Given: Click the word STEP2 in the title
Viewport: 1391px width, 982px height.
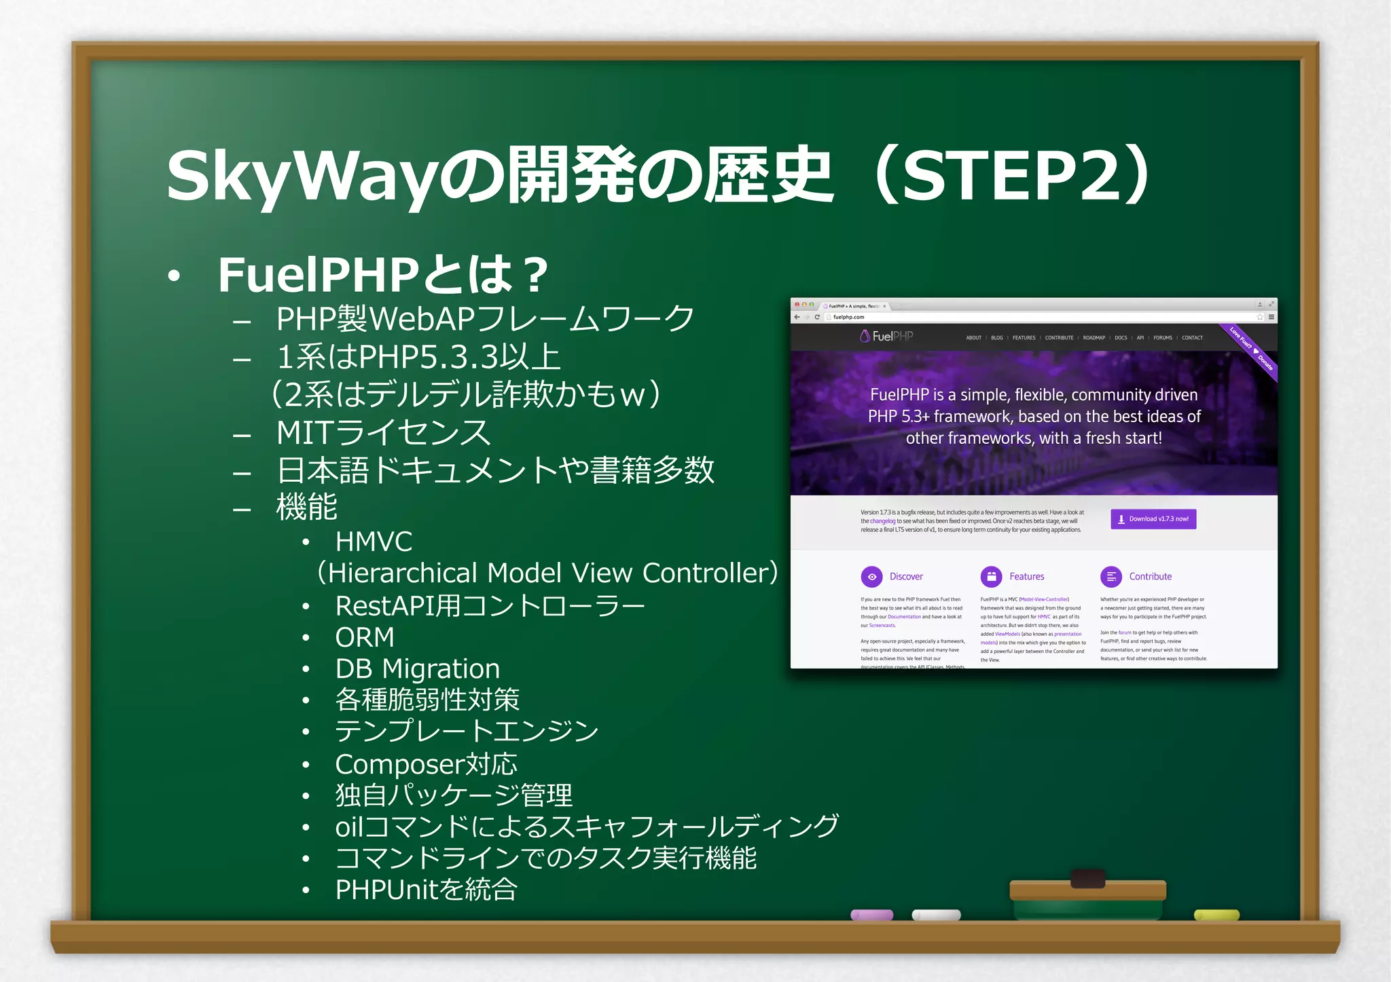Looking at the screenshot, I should point(1011,176).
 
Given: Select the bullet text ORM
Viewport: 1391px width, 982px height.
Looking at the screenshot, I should point(365,637).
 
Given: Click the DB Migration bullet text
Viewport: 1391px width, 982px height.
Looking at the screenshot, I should point(417,669).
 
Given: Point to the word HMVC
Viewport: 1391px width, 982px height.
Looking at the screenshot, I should point(374,542).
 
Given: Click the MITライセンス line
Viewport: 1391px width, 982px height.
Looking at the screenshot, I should point(382,432).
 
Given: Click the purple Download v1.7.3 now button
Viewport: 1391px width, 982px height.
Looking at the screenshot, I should point(1153,519).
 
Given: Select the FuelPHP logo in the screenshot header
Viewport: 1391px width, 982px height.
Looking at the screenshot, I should point(886,336).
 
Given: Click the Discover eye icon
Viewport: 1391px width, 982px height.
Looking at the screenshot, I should point(871,577).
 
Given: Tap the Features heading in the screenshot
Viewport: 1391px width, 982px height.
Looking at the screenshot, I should point(1026,577).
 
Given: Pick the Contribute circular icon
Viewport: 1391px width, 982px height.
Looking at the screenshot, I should point(1111,577).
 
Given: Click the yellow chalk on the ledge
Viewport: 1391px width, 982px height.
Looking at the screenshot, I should point(1216,915).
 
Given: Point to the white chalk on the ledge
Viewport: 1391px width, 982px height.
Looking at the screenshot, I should point(936,915).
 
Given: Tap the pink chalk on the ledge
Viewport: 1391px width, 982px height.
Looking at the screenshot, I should point(871,915).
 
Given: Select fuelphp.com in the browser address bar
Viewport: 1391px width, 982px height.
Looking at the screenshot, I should point(848,317).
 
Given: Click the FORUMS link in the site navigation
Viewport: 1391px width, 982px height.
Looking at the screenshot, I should point(1162,338).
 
